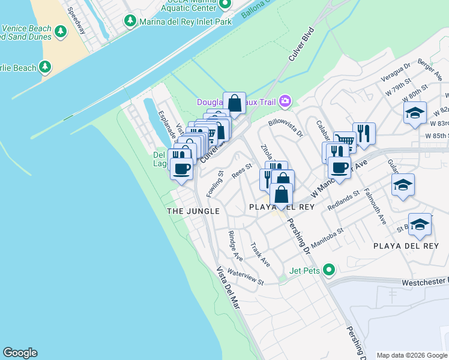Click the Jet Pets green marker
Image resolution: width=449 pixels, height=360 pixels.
click(x=328, y=270)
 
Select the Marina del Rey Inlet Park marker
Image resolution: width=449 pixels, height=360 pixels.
click(x=130, y=21)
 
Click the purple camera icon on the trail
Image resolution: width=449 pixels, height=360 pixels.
click(x=285, y=101)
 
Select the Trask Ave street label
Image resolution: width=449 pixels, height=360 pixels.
click(x=261, y=254)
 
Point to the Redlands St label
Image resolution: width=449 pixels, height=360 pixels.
click(x=343, y=200)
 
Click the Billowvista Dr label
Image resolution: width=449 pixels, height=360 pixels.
click(x=286, y=128)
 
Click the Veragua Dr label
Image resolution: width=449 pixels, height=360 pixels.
click(x=396, y=72)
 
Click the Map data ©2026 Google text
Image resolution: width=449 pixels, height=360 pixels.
click(x=412, y=355)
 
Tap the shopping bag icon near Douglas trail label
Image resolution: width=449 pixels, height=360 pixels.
click(x=234, y=103)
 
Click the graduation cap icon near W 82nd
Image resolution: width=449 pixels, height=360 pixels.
click(x=415, y=113)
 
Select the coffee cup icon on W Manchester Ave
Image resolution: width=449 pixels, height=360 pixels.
click(x=339, y=167)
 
